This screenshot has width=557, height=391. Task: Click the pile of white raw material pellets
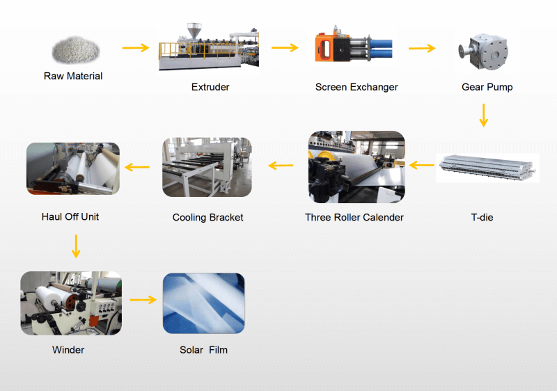(x=76, y=50)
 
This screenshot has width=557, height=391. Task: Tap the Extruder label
(x=210, y=87)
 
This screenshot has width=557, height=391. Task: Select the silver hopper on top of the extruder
(x=194, y=31)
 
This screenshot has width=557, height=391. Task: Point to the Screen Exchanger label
(x=356, y=87)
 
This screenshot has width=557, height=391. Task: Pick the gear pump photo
(x=484, y=51)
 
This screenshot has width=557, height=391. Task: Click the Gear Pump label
(x=487, y=87)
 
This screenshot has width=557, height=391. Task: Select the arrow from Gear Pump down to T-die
(x=483, y=115)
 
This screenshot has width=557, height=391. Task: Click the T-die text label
(x=482, y=217)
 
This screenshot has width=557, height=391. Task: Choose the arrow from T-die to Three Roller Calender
(x=422, y=165)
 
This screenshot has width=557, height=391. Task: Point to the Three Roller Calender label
(x=354, y=217)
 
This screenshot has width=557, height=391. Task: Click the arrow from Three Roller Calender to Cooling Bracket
(x=281, y=166)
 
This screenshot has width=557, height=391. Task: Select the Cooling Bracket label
(x=207, y=218)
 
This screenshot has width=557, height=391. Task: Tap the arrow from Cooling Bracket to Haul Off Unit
(x=137, y=167)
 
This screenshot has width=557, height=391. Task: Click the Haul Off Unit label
(x=70, y=217)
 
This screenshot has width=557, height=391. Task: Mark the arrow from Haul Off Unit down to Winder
(x=76, y=246)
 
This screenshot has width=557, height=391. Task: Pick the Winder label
(x=68, y=350)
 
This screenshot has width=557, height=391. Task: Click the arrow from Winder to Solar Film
(x=143, y=300)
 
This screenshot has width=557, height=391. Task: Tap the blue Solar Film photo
(x=203, y=303)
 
